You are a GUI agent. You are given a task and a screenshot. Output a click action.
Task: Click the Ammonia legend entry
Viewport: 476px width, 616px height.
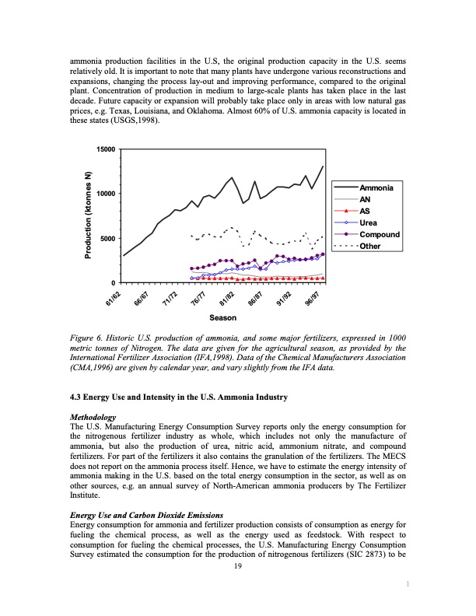point(376,189)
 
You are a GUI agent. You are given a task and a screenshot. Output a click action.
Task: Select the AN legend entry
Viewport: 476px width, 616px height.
point(365,199)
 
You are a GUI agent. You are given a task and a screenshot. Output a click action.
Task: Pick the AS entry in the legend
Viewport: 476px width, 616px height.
point(365,211)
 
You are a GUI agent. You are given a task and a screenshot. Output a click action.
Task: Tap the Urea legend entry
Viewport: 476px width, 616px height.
point(369,222)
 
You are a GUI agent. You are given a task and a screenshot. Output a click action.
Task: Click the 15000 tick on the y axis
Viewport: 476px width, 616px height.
point(105,149)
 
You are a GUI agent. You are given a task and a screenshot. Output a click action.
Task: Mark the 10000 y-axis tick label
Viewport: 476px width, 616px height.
point(105,194)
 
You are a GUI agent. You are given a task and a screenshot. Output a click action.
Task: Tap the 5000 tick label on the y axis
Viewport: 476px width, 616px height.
point(107,238)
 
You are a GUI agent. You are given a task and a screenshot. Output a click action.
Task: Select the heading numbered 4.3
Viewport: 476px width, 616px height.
point(179,397)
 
